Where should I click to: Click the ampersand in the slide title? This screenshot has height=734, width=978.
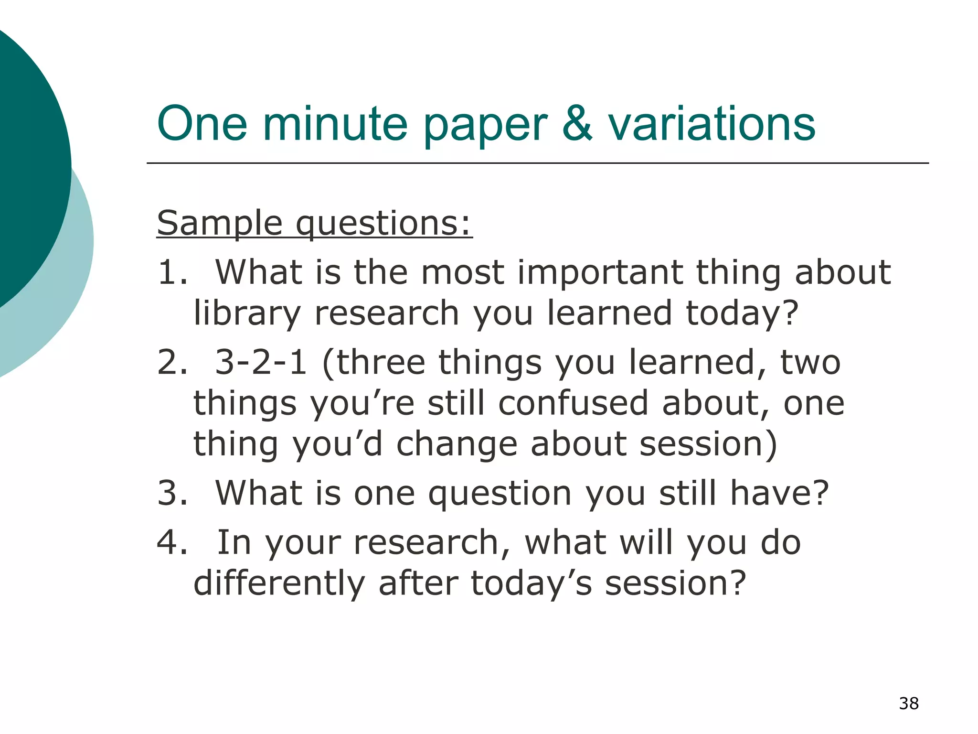coord(577,124)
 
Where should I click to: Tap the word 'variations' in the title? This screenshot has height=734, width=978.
coord(712,124)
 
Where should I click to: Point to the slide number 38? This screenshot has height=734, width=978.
coord(909,703)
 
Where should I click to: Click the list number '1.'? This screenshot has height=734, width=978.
coord(172,272)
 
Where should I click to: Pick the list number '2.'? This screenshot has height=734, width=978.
coord(172,362)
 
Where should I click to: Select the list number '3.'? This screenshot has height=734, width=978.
coord(172,493)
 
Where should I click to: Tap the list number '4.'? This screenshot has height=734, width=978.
coord(172,543)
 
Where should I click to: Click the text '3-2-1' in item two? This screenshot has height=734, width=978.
coord(261,362)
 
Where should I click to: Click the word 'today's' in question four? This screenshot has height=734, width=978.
coord(531,584)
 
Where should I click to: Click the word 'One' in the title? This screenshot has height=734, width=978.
coord(202,124)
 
